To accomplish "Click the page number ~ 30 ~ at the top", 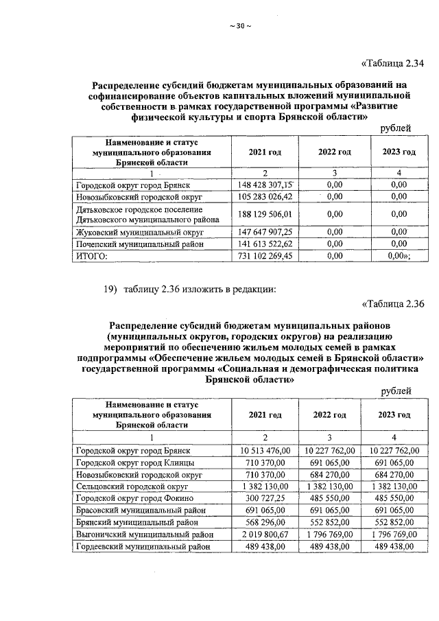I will (x=240, y=26).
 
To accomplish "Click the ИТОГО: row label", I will (x=91, y=256).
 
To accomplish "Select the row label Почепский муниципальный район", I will (x=131, y=244).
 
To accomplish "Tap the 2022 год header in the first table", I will (x=334, y=152).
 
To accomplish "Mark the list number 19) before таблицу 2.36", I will (x=110, y=288).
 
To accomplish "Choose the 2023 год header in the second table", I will (x=394, y=415).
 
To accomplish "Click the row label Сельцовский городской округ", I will (x=131, y=486).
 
